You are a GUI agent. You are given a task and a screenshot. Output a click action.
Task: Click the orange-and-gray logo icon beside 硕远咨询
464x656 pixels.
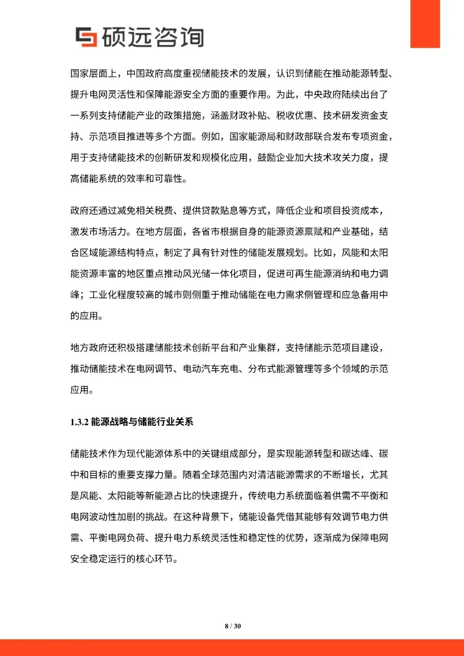pyautogui.click(x=86, y=37)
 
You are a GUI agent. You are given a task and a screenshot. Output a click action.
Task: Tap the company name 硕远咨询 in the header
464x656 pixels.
pyautogui.click(x=153, y=37)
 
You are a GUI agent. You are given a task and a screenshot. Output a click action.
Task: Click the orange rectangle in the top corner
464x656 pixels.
pyautogui.click(x=425, y=24)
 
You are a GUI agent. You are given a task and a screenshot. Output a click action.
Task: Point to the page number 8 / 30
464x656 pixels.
pyautogui.click(x=232, y=626)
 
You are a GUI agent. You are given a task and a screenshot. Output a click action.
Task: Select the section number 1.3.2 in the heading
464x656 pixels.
pyautogui.click(x=79, y=422)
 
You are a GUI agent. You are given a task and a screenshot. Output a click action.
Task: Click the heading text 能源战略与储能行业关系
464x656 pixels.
pyautogui.click(x=142, y=422)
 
